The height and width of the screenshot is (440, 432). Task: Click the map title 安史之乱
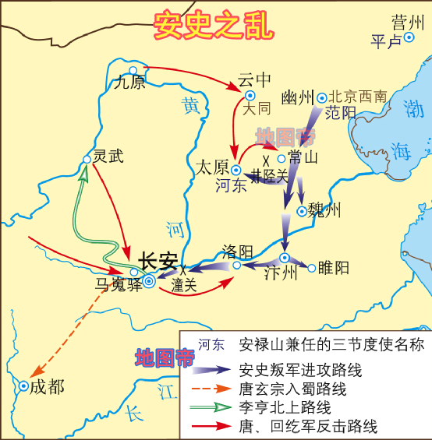(x=214, y=26)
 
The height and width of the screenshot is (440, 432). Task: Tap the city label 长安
(x=158, y=262)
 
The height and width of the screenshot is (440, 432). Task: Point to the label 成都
(x=48, y=386)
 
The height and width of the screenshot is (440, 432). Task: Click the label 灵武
(x=108, y=156)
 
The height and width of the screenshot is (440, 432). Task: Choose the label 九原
(x=129, y=82)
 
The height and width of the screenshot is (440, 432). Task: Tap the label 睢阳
(x=333, y=268)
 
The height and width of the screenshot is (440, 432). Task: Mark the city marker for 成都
(x=24, y=386)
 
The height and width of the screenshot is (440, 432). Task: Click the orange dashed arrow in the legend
(x=213, y=389)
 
